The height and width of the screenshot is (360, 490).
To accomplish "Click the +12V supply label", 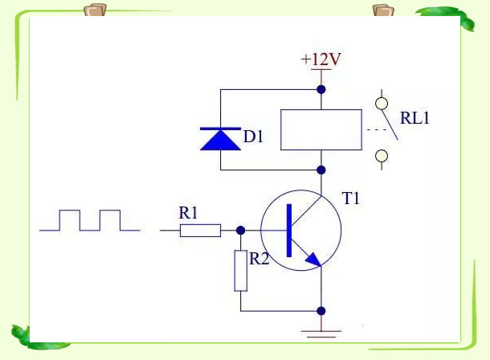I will (321, 59).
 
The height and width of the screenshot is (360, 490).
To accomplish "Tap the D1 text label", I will (254, 137).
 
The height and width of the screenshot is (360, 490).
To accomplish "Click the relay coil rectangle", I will (321, 129).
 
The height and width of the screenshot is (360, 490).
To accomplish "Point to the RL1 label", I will (417, 119).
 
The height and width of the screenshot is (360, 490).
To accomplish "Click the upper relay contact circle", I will (382, 103).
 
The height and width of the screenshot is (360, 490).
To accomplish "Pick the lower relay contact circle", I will (382, 155).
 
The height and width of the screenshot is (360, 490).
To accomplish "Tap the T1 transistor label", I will (352, 198).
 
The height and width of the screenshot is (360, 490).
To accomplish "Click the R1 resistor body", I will (200, 231).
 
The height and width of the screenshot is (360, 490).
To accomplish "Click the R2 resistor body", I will (240, 271).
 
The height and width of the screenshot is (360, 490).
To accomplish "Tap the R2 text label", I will (259, 260).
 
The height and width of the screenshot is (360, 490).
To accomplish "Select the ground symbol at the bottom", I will (321, 329).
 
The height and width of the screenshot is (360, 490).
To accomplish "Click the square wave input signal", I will (90, 220).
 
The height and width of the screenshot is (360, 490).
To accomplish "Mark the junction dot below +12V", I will (321, 88).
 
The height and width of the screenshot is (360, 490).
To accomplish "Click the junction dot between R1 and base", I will (240, 231).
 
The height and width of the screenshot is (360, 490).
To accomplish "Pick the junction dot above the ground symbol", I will (321, 311).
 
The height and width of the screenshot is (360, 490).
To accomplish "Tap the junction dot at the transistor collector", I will (321, 170).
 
